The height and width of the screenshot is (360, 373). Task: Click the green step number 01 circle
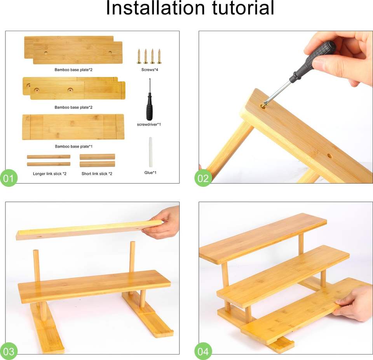click(9, 178)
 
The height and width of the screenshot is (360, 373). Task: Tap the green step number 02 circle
click(203, 178)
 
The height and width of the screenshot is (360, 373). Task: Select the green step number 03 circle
click(9, 351)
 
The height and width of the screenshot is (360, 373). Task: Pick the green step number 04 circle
click(203, 351)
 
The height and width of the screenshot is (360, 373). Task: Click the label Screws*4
click(150, 70)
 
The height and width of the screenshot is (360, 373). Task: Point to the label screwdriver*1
click(149, 124)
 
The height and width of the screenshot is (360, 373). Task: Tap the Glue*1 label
click(150, 173)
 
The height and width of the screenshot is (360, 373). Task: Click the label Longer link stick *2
click(50, 174)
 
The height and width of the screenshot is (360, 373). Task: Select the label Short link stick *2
click(97, 174)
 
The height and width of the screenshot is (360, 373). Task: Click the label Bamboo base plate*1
click(74, 147)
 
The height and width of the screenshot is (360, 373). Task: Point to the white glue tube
click(151, 152)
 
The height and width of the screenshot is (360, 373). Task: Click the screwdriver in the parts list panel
click(149, 100)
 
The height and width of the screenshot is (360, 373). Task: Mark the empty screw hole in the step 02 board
click(329, 156)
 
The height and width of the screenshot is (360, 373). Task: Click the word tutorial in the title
click(243, 8)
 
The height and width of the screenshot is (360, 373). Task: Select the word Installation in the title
click(155, 8)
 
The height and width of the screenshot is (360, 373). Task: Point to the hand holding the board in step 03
click(162, 223)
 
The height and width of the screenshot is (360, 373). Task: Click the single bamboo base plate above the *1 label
click(73, 127)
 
